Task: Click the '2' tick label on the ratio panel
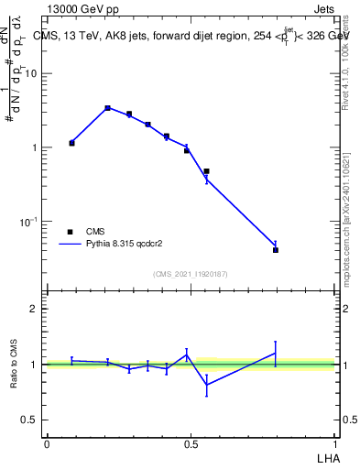click(x=35, y=309)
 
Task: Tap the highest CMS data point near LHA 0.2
click(x=107, y=108)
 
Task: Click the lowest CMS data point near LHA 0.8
click(x=276, y=250)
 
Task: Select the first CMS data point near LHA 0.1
click(x=71, y=143)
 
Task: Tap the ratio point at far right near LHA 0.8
click(x=276, y=354)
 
